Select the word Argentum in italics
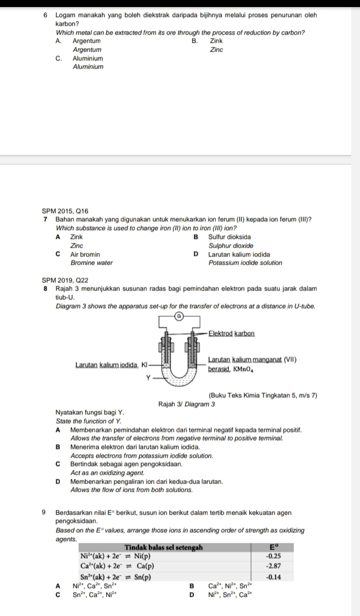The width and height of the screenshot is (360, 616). [x=87, y=50]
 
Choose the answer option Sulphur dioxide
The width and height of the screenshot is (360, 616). [x=230, y=245]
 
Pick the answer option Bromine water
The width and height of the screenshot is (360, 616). [x=91, y=263]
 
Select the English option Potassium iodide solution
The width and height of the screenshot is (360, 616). [x=245, y=263]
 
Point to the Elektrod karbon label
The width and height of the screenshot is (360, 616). [x=232, y=334]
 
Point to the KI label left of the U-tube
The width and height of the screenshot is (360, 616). [x=143, y=366]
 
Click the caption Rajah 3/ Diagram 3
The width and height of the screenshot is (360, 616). [x=187, y=404]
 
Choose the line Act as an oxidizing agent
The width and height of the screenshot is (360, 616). [x=108, y=472]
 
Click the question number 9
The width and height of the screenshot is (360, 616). [x=46, y=513]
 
